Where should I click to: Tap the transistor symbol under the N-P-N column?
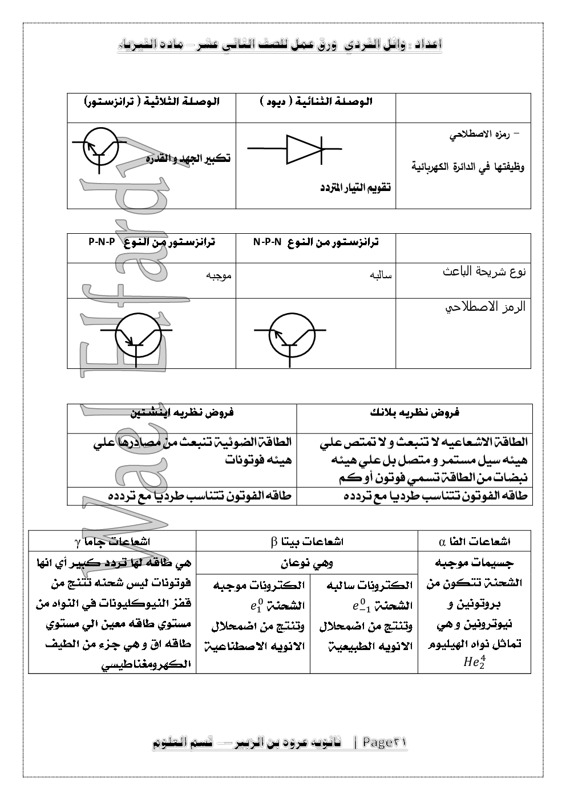point(290,336)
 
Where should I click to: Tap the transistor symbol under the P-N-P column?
point(136,336)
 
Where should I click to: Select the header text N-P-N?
point(268,242)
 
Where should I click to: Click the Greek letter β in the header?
point(274,541)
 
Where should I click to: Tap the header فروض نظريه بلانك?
point(415,412)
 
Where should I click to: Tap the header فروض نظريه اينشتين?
point(183,412)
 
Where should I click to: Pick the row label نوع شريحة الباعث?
point(484,271)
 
